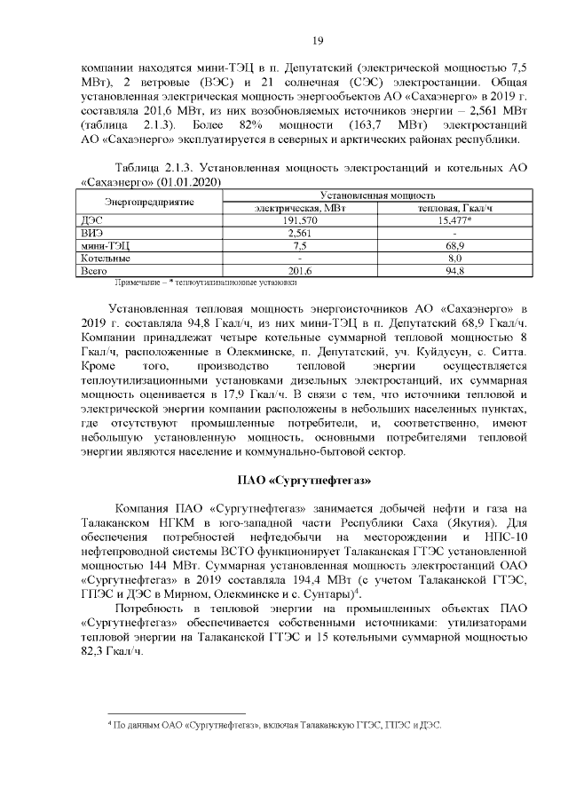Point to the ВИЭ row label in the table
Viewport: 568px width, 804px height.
pos(91,233)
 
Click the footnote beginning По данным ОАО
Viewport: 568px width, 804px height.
pos(275,725)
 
